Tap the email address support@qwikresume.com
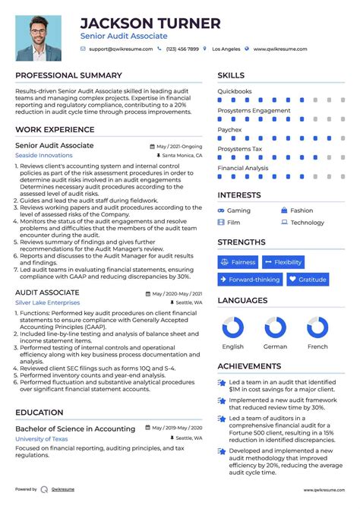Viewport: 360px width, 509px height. click(120, 49)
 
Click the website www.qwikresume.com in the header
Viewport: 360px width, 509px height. click(280, 49)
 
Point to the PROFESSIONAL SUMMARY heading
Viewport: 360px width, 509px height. click(68, 75)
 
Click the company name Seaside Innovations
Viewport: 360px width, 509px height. click(44, 155)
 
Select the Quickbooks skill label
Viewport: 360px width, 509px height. click(235, 91)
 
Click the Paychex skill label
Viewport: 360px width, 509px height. click(230, 129)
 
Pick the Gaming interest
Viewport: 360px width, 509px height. click(238, 210)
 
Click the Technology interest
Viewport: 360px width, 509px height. click(307, 223)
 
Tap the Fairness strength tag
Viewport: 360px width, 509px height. click(238, 262)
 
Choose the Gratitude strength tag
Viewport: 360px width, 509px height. click(308, 280)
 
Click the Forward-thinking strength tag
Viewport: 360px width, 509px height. click(248, 280)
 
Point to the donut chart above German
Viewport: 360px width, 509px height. click(275, 328)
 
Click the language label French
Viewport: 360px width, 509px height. click(317, 346)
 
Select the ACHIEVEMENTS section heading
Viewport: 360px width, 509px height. click(249, 366)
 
